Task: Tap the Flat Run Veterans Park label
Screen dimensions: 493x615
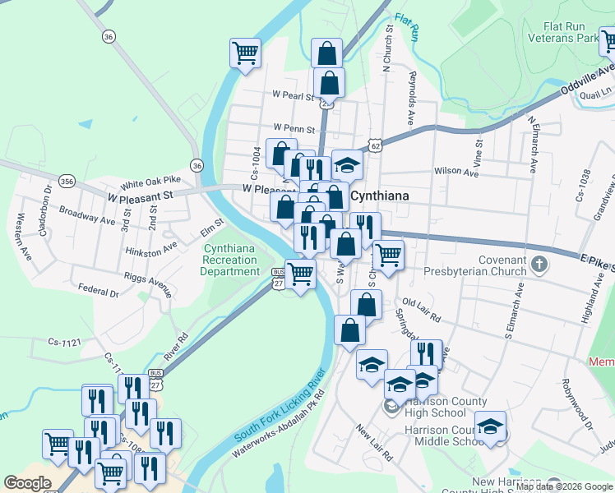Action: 564,32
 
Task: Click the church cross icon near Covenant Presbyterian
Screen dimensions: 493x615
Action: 539,264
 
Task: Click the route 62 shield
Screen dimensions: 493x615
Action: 376,145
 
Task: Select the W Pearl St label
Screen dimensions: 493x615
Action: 294,96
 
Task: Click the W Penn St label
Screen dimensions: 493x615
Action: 294,129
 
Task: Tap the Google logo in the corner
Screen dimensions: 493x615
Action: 27,483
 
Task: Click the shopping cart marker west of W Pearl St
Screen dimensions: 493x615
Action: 245,53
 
